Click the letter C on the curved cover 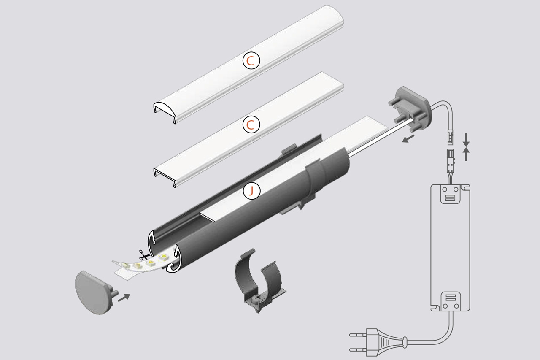(251, 61)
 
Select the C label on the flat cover (251, 125)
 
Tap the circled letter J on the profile (252, 191)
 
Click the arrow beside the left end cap (123, 297)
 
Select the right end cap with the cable (412, 107)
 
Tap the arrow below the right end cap (408, 139)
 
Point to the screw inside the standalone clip (257, 298)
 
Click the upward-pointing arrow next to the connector (466, 154)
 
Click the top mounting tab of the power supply (450, 194)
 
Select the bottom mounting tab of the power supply (450, 301)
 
